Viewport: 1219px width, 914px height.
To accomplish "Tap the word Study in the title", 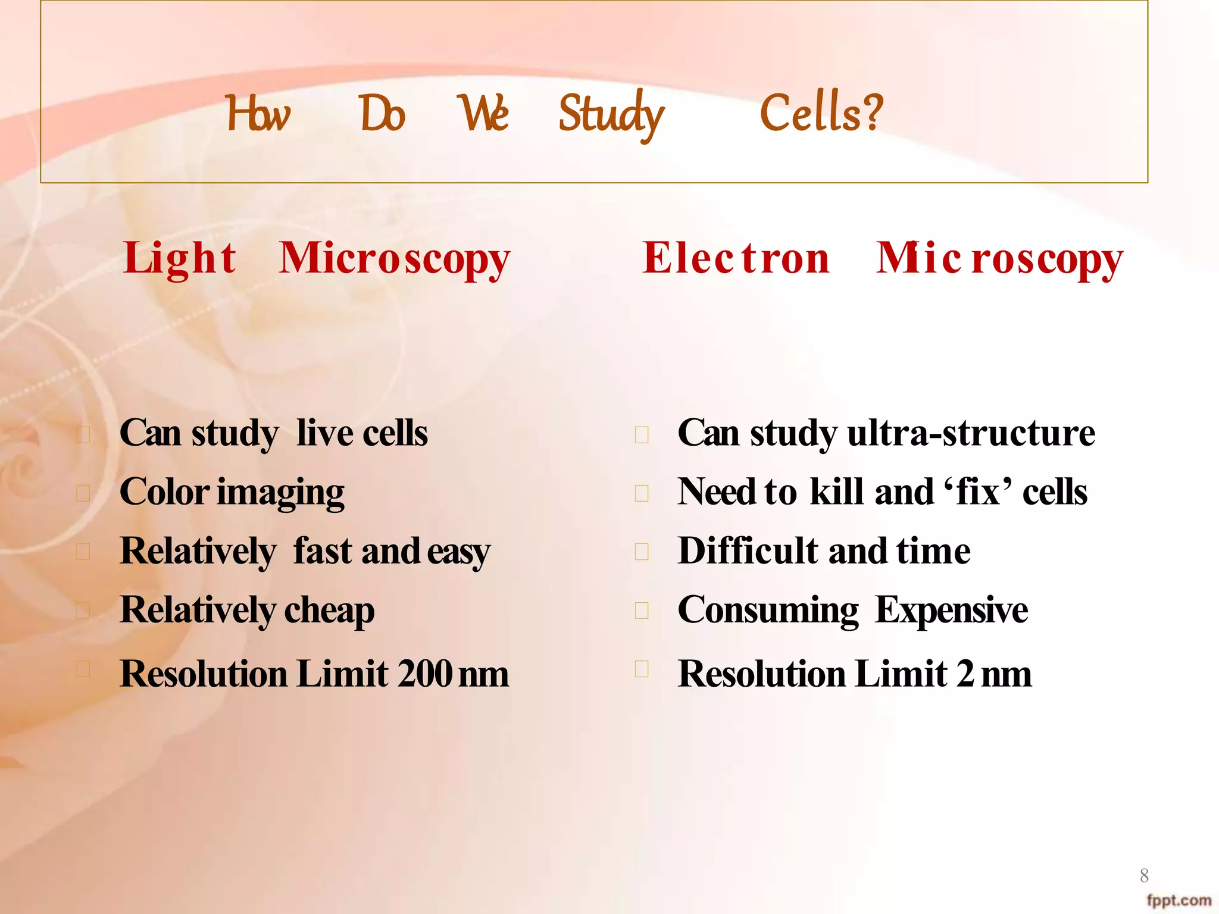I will click(611, 114).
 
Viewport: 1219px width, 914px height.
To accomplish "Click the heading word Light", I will click(180, 259).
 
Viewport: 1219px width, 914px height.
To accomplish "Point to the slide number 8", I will click(1144, 875).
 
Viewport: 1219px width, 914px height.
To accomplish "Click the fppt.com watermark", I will click(1179, 900).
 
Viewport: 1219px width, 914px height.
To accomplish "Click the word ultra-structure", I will click(971, 433).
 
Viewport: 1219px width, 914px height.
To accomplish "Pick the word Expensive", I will click(952, 610).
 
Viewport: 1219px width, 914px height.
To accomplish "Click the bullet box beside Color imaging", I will click(83, 493).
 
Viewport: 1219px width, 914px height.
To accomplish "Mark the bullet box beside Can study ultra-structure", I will click(642, 435).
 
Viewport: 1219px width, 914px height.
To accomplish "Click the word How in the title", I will click(258, 114).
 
